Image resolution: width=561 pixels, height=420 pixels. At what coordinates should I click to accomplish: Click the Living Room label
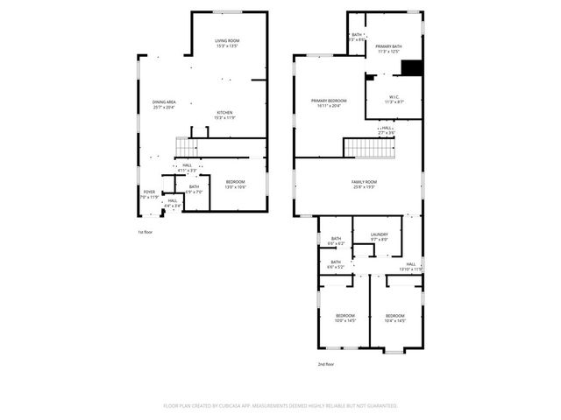click(x=228, y=44)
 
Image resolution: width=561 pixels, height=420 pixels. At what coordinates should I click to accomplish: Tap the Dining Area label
click(x=163, y=105)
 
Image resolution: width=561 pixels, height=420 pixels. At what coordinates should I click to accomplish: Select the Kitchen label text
click(x=225, y=115)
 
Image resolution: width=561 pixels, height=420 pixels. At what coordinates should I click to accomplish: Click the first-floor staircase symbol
click(x=186, y=146)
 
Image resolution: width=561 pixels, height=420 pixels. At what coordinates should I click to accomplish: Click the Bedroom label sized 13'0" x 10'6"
click(x=235, y=184)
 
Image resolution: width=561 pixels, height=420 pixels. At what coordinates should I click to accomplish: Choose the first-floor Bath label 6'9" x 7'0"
click(x=194, y=188)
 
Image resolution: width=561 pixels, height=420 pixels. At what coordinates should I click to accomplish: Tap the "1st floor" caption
click(x=145, y=232)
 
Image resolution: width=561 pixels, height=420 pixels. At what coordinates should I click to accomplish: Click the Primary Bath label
click(x=387, y=49)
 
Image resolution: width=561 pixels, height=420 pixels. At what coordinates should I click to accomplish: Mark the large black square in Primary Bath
click(x=411, y=68)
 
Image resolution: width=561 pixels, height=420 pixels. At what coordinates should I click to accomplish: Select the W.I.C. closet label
click(x=394, y=100)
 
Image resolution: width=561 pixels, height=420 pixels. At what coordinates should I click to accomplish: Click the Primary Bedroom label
click(x=329, y=103)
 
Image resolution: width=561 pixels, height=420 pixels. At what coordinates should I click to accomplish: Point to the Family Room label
click(x=364, y=184)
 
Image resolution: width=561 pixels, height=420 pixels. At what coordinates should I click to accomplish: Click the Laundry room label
click(x=380, y=236)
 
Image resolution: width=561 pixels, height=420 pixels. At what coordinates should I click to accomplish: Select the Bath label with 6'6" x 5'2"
click(x=336, y=263)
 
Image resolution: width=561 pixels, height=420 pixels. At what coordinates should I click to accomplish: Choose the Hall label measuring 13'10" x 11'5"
click(x=411, y=266)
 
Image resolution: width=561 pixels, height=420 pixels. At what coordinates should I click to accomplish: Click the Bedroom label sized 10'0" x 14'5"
click(x=345, y=318)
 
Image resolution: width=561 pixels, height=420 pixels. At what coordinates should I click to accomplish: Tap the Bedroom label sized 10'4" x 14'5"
click(x=394, y=318)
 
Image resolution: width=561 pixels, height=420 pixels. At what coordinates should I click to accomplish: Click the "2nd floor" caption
click(x=326, y=364)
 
